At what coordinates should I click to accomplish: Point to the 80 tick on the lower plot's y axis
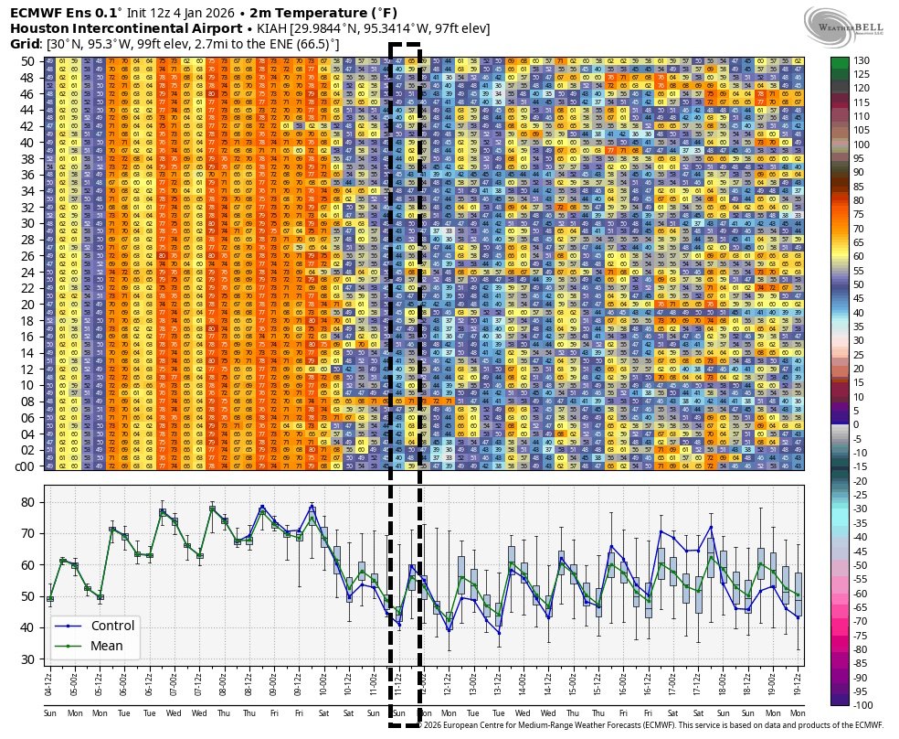coord(26,502)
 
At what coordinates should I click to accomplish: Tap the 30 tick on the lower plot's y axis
coord(26,659)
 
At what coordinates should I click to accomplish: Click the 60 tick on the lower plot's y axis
coord(26,564)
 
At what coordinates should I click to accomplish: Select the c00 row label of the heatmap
coord(24,466)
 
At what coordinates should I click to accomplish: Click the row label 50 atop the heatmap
coord(26,60)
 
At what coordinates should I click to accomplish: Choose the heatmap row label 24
coord(26,272)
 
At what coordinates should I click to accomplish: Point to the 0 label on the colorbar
coord(856,424)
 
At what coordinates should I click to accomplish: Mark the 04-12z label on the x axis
coord(49,683)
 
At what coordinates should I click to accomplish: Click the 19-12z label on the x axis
coord(799,683)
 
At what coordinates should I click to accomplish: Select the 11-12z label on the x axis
coord(399,683)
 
